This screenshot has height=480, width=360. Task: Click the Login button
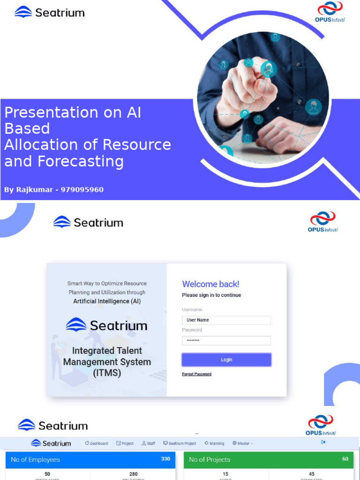[226, 360]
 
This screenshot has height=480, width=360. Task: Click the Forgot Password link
[196, 374]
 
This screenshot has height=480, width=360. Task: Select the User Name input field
[226, 320]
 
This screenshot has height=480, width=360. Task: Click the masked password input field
[226, 341]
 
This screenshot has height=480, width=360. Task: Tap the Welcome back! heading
[210, 284]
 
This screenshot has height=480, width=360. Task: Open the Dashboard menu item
[97, 443]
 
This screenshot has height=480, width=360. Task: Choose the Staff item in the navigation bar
[148, 443]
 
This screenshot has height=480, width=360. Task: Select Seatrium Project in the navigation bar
[180, 443]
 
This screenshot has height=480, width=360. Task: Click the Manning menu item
[214, 443]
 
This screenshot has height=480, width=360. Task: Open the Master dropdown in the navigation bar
[243, 443]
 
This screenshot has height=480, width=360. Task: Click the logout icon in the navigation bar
[323, 442]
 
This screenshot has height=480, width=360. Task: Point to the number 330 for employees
[165, 459]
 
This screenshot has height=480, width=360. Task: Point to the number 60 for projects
[345, 459]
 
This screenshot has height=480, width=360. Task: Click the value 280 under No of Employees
[133, 474]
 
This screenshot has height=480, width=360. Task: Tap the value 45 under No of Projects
[312, 474]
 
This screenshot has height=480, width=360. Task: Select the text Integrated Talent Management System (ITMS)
[107, 362]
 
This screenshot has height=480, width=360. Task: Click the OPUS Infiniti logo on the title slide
[330, 13]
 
